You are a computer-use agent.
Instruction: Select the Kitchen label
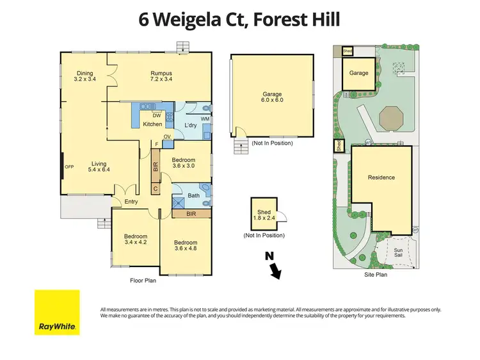click(152, 124)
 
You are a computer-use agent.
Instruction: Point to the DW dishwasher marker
click(156, 115)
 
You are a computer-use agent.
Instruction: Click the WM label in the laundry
click(205, 119)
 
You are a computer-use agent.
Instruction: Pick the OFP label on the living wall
click(69, 167)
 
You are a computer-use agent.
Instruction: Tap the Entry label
click(131, 202)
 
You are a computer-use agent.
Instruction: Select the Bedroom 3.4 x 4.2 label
click(135, 240)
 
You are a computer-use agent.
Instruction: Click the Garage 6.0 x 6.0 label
click(271, 97)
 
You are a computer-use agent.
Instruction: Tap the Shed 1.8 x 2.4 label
click(264, 216)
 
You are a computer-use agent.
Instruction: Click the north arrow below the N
click(276, 273)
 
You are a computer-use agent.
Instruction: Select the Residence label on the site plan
click(381, 177)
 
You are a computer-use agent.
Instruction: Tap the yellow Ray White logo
click(57, 312)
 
